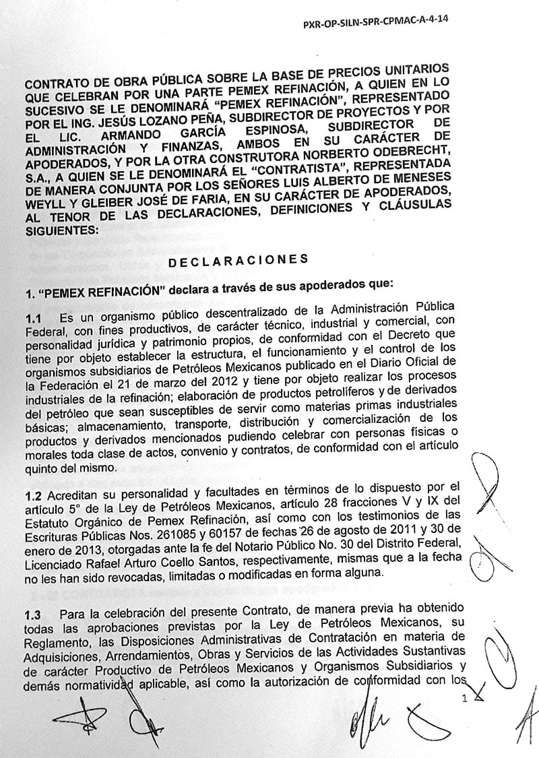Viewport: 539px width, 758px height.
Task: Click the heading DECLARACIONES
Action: (240, 260)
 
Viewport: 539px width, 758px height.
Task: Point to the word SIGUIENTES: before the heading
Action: (59, 230)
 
